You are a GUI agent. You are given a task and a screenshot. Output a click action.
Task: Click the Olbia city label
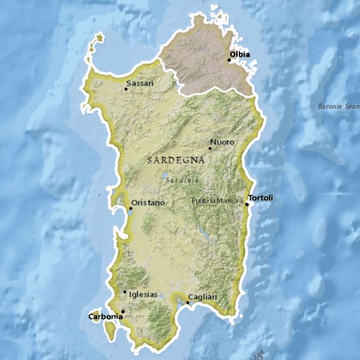tap(240, 55)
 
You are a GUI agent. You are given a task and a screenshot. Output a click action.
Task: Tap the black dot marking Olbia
tap(229, 60)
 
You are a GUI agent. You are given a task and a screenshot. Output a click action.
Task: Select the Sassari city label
tap(140, 83)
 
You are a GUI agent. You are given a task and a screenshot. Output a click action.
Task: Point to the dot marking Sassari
tap(126, 89)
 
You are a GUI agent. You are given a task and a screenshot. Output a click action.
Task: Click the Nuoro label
tap(222, 142)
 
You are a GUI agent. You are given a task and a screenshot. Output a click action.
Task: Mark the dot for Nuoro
tap(210, 148)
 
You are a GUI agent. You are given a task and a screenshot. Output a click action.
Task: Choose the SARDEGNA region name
tap(176, 161)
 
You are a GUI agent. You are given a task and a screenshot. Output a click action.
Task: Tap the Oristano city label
tap(148, 203)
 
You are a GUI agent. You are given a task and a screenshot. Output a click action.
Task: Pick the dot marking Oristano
tap(131, 208)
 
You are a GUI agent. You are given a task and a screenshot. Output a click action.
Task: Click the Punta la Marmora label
tap(217, 200)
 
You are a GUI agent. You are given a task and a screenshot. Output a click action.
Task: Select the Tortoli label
tap(261, 198)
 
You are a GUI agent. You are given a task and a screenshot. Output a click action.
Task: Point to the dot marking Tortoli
tap(247, 204)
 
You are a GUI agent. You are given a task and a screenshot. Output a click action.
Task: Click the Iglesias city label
tap(143, 295)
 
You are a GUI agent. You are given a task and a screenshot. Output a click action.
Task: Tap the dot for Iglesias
tap(125, 292)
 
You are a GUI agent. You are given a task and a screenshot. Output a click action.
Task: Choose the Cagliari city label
tap(202, 297)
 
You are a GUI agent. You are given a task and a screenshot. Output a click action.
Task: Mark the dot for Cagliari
tap(188, 302)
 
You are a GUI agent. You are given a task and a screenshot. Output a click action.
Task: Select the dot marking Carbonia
tap(122, 311)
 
